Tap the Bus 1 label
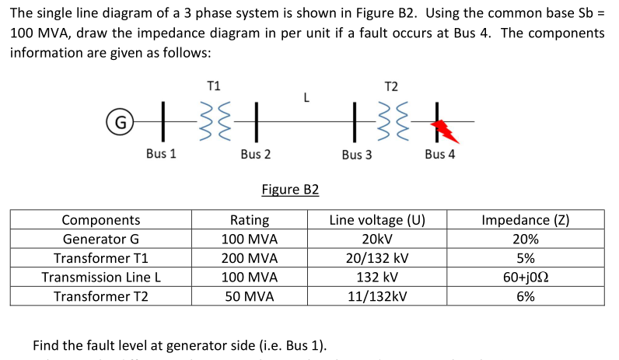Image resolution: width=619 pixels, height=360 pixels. click(x=161, y=154)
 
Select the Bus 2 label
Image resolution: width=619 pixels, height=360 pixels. click(x=256, y=154)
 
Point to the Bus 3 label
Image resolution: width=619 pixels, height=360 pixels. click(x=356, y=155)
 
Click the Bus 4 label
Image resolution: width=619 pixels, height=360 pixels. click(x=440, y=154)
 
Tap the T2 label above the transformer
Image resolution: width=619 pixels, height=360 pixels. click(x=391, y=86)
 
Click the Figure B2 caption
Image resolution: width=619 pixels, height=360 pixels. click(x=290, y=190)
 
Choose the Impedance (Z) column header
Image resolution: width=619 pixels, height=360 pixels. click(x=526, y=220)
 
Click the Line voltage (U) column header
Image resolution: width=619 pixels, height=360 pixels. click(x=377, y=220)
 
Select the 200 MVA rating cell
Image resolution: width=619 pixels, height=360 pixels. click(x=250, y=258)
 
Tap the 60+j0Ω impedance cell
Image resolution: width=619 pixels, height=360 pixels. click(x=526, y=277)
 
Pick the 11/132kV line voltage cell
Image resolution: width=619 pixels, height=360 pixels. click(x=377, y=296)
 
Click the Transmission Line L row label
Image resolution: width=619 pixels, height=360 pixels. click(x=101, y=277)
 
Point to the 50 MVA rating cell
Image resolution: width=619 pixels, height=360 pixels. click(x=250, y=296)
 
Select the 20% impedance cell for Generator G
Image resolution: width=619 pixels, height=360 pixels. click(x=526, y=239)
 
